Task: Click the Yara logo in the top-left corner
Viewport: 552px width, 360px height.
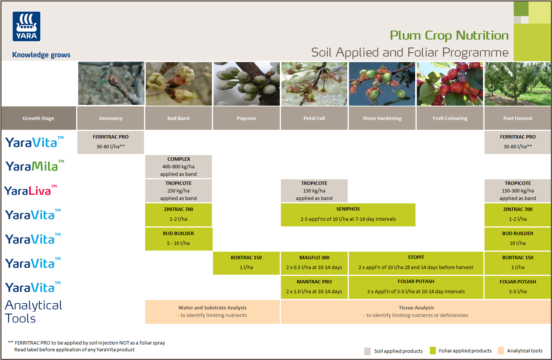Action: [26, 26]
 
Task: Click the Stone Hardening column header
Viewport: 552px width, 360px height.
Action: [382, 118]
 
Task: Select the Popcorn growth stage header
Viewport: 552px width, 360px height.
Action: [246, 118]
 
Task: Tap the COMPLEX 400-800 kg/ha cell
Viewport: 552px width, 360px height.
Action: [178, 166]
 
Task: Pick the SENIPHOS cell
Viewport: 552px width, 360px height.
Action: [348, 214]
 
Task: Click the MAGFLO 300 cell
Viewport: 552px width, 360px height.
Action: [314, 263]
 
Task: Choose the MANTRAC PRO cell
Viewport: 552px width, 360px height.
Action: [314, 287]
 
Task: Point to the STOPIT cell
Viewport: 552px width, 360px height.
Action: [416, 263]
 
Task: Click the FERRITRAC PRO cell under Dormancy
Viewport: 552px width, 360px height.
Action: [110, 142]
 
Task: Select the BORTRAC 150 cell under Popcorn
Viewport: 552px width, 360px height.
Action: [246, 263]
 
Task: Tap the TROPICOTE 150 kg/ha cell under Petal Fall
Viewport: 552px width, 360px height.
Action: [314, 191]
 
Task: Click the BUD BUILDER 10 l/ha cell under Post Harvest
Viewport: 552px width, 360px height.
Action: [518, 238]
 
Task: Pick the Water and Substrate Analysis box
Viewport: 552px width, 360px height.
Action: [212, 311]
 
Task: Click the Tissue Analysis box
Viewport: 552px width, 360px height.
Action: [416, 311]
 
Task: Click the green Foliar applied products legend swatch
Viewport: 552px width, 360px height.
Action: [432, 351]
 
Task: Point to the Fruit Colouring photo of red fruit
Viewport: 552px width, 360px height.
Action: [450, 84]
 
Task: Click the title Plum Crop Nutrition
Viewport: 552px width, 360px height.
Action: [449, 35]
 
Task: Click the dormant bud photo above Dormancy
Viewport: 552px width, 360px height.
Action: [111, 84]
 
